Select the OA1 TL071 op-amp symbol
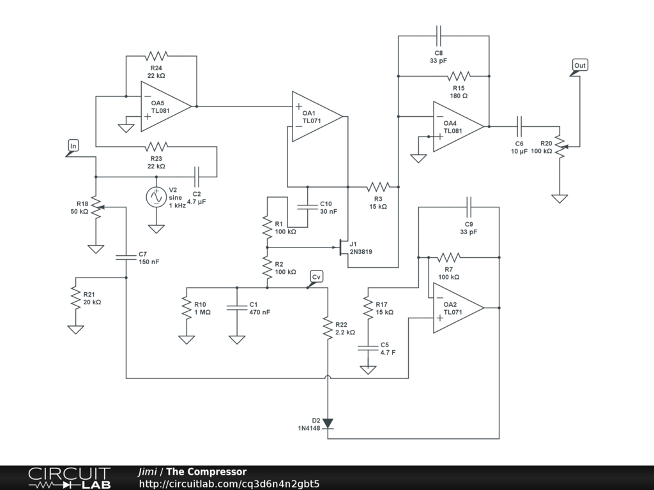(x=316, y=116)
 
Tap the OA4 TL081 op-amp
(x=457, y=126)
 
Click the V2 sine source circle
(x=156, y=197)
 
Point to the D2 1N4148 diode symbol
(x=328, y=423)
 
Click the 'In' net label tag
(x=73, y=147)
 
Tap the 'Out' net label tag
(x=579, y=66)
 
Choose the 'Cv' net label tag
(x=316, y=276)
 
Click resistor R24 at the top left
(x=156, y=56)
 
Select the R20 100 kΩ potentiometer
(x=559, y=146)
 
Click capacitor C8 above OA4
(x=439, y=35)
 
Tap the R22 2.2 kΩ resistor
(x=328, y=328)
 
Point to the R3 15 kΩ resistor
(x=378, y=187)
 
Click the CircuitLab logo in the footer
(x=69, y=478)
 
